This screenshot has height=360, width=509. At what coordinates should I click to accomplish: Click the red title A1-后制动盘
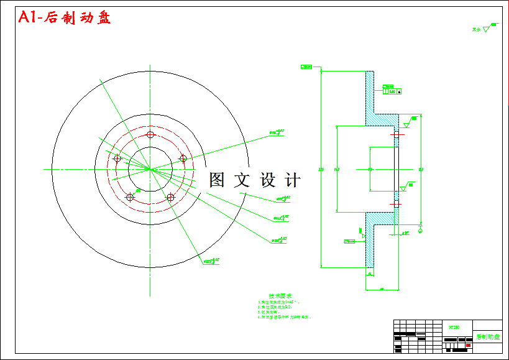pos(64,18)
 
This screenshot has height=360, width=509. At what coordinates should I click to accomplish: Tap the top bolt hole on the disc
pos(150,135)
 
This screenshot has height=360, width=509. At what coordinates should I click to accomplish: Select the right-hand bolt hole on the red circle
pos(183,159)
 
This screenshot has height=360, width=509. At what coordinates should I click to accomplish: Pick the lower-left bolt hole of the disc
pos(130,197)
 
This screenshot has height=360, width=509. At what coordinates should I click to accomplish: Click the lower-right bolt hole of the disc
pos(170,197)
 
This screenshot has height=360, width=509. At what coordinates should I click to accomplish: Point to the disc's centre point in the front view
pos(150,168)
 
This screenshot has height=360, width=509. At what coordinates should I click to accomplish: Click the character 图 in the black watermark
pos(217,180)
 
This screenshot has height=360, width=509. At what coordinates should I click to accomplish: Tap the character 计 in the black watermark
pos(291,180)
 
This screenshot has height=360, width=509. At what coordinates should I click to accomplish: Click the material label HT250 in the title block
pos(454,326)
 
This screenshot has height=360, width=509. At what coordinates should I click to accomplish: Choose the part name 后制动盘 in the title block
pos(487,336)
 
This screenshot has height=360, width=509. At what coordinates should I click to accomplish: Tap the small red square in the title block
pos(467,344)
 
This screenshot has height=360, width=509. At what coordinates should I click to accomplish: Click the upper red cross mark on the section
pos(397,134)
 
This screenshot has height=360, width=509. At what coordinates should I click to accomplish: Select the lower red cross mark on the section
pos(397,204)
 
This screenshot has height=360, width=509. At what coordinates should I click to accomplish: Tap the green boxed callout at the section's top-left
pos(306,66)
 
